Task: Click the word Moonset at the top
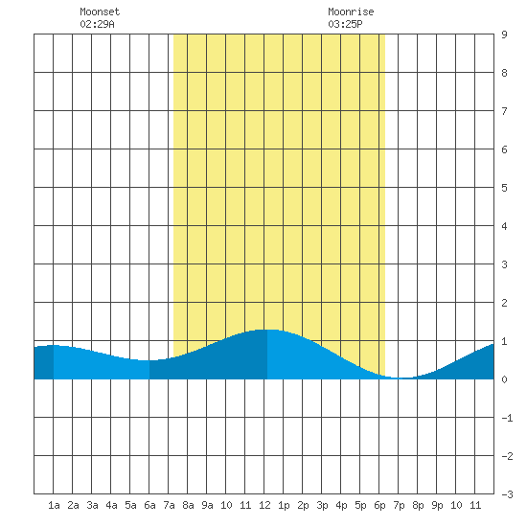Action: [100, 11]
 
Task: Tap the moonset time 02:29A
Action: [97, 24]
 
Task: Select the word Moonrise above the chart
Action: [351, 11]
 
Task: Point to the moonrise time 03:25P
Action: [345, 24]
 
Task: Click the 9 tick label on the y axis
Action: [504, 34]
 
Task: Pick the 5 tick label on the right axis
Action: [504, 188]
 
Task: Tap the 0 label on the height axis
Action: [504, 379]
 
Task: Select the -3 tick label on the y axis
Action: [507, 494]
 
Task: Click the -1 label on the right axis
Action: [507, 418]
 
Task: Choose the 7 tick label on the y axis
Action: [504, 111]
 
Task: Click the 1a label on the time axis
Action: [54, 505]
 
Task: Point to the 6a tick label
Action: [149, 505]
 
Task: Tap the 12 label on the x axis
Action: [264, 505]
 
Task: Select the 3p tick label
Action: [322, 505]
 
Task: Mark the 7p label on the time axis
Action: [399, 505]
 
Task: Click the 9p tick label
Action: [437, 505]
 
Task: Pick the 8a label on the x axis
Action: [188, 505]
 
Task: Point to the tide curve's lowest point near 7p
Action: [402, 378]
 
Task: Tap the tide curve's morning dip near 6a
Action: [148, 360]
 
